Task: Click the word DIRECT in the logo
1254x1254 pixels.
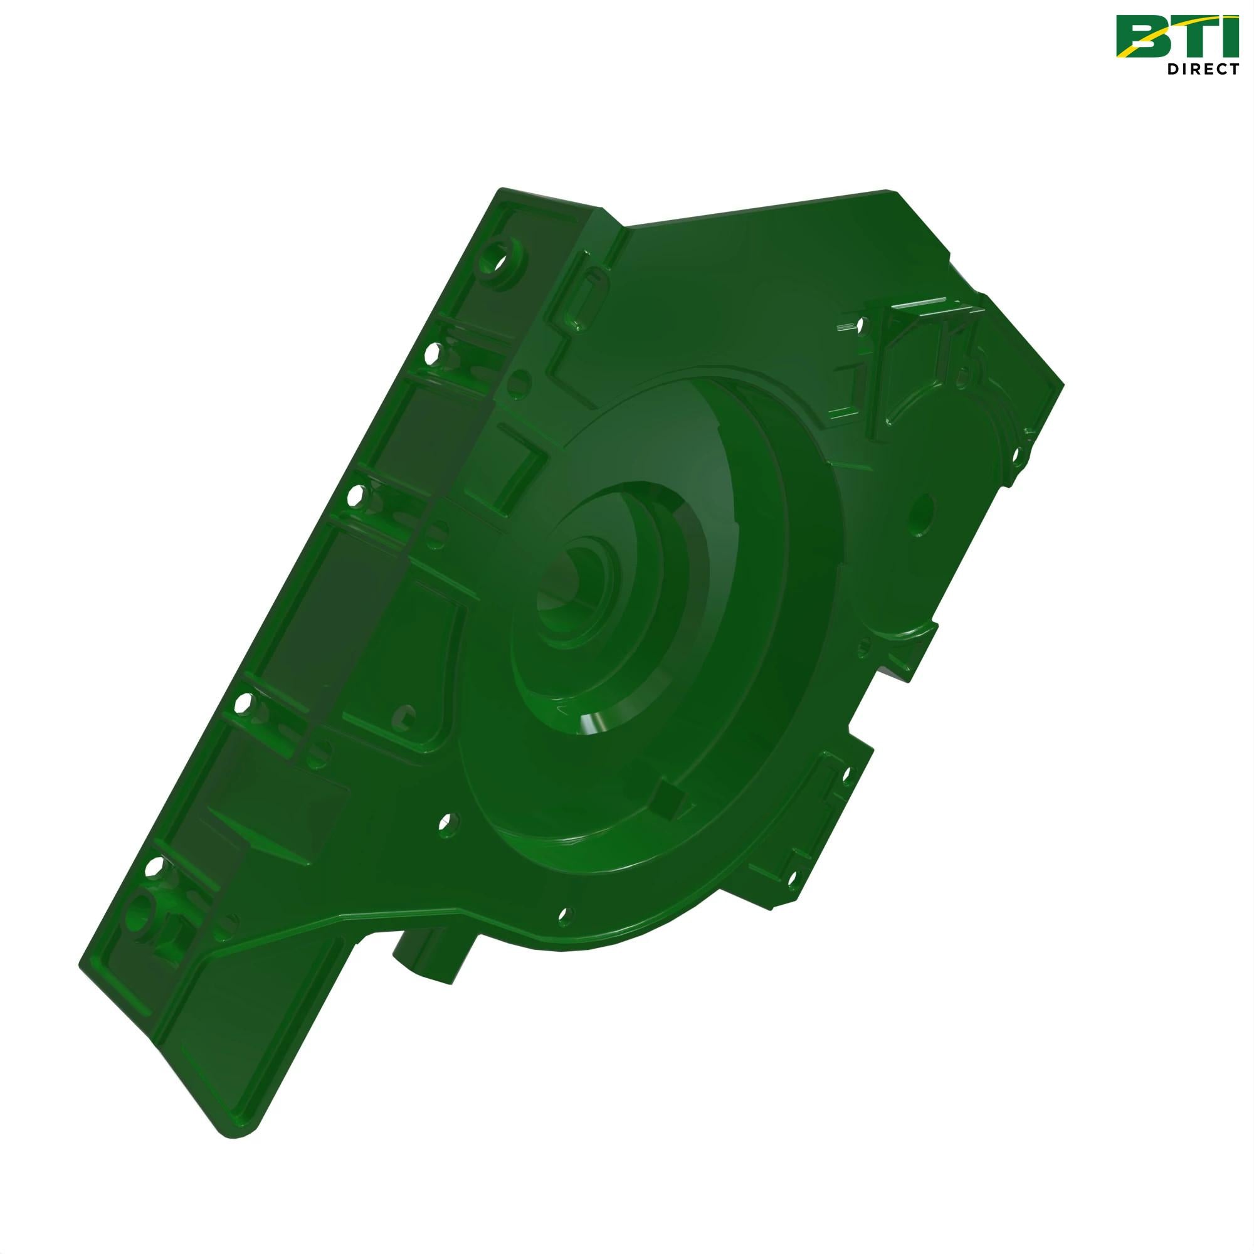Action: click(1203, 69)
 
